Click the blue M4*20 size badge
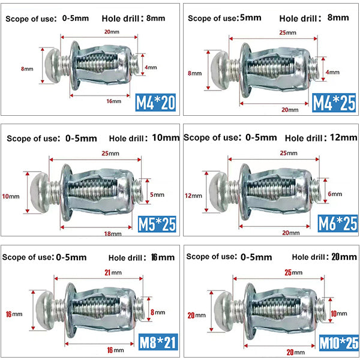155,103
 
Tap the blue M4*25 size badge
334,103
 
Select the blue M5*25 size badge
157,224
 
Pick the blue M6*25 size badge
338,223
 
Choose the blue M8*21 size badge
158,341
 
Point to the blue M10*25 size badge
339,343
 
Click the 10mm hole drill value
166,138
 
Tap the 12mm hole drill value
343,137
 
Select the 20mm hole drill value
344,257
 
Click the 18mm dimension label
113,234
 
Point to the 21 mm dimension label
113,272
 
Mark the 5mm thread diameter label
157,194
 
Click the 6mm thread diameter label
335,194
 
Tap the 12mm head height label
194,196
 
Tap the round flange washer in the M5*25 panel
66,193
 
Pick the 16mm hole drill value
163,257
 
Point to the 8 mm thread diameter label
158,312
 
